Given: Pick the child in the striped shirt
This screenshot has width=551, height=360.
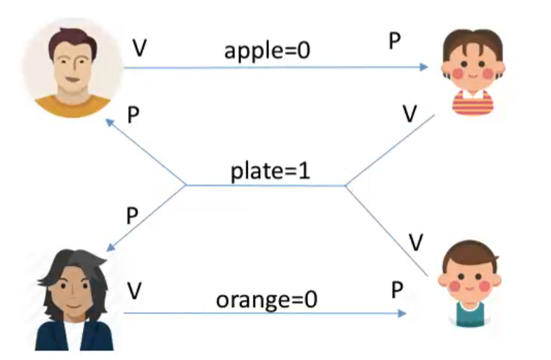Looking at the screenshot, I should tap(472, 73).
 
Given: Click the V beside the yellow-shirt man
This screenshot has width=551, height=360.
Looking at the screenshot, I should tap(139, 48).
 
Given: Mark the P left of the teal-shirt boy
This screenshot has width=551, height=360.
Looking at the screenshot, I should tap(397, 290).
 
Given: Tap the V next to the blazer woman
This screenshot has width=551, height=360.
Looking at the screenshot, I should tap(134, 290).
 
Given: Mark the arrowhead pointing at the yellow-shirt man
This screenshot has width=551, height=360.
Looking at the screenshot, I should tap(109, 123).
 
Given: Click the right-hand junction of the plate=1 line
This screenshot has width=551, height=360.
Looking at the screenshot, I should tap(346, 185).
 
